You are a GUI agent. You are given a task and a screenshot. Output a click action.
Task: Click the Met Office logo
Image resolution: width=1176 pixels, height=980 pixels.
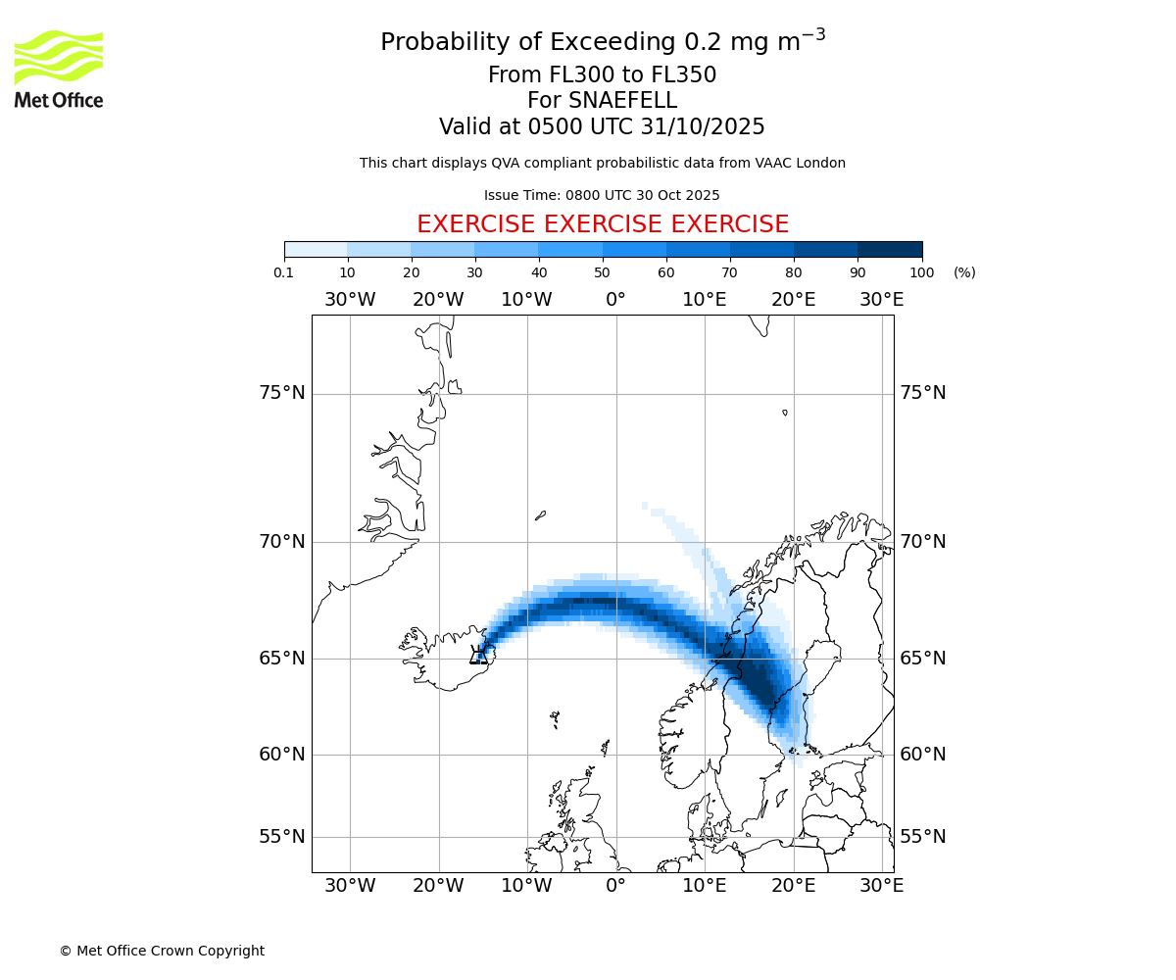pos(59,69)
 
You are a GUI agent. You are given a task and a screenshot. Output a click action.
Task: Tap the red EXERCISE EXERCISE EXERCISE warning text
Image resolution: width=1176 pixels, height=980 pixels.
pos(602,224)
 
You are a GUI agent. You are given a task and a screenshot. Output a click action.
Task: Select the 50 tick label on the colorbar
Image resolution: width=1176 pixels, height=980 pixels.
pos(603,272)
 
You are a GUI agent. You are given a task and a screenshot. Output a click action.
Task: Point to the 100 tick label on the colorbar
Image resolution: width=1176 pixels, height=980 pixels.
pos(922,272)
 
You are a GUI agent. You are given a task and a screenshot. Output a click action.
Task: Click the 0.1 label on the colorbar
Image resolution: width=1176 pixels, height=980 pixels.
pos(284,272)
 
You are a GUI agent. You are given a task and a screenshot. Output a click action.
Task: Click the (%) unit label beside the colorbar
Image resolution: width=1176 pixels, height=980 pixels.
pos(964,272)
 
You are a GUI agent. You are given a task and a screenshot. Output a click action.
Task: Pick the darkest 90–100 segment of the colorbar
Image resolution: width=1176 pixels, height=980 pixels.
pos(890,249)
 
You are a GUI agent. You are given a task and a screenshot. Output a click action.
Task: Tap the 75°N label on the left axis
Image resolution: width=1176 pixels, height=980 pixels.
pos(282,393)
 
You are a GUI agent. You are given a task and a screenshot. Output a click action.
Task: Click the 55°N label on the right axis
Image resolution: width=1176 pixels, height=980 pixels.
pos(923,837)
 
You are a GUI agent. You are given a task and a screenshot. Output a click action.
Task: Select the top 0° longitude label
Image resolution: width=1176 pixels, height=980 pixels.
pos(615,299)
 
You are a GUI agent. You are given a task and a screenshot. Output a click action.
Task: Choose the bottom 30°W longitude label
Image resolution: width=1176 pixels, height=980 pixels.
pos(350,886)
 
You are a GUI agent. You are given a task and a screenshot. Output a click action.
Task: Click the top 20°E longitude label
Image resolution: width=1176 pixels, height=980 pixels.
pos(793,299)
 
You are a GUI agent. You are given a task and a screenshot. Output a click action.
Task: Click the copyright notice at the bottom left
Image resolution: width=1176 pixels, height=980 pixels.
pos(162,951)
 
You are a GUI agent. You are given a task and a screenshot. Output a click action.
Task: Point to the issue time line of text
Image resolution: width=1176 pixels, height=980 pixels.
pos(602,195)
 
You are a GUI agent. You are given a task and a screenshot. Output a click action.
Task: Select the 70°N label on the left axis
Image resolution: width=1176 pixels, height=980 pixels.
pos(282,542)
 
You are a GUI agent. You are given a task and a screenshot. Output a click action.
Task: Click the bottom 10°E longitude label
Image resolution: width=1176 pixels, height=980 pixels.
pos(704,886)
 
